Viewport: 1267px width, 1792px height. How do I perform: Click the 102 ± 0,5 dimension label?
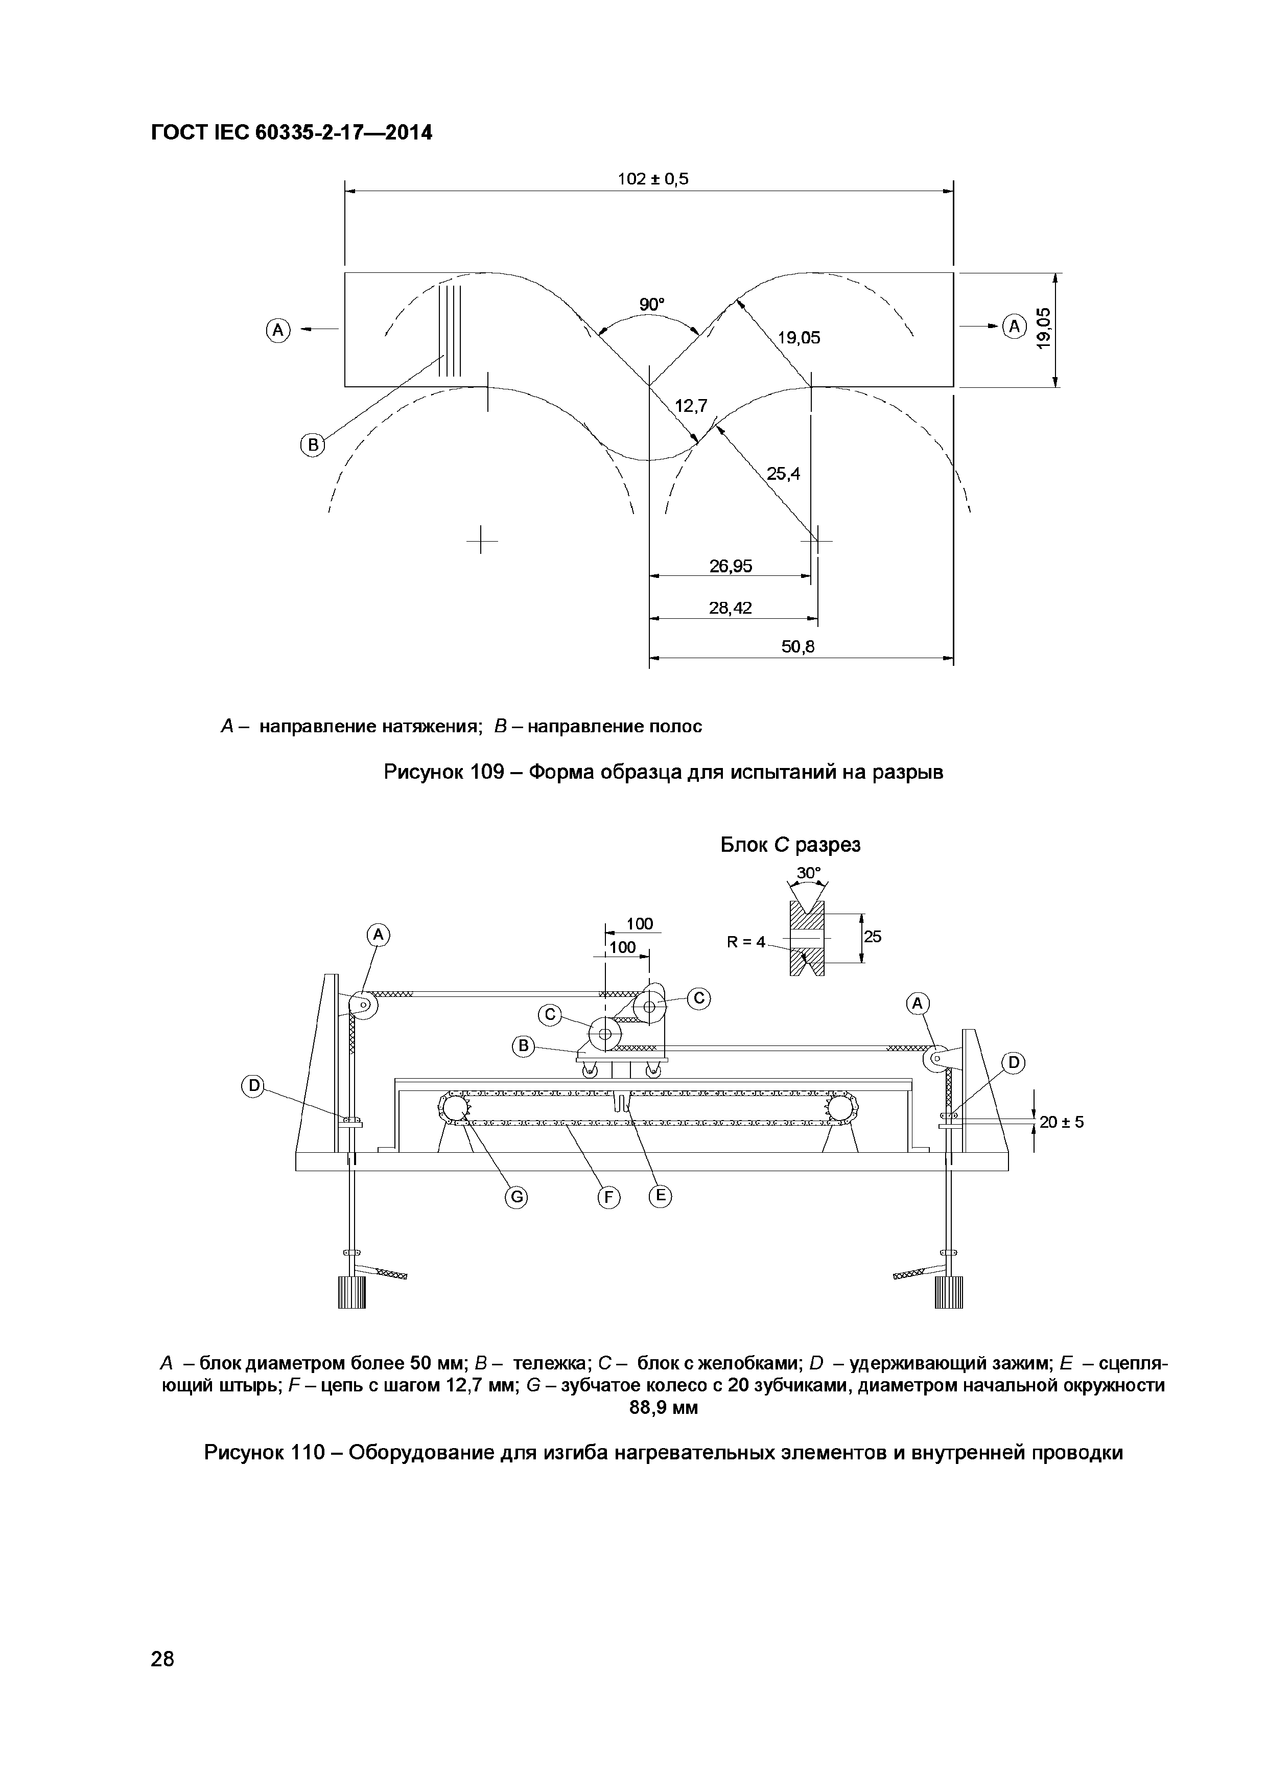pos(653,179)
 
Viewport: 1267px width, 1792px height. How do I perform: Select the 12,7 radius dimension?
pos(690,406)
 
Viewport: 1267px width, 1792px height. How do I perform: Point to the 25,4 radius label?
pos(783,474)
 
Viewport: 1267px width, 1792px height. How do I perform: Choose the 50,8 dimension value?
pos(797,647)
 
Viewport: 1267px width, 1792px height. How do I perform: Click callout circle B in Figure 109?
pos(313,446)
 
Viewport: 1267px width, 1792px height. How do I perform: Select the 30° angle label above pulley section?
pos(808,872)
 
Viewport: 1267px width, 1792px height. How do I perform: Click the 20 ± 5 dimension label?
pos(1062,1122)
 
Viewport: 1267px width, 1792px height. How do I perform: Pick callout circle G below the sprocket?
pos(515,1197)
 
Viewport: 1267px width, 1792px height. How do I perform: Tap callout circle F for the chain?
pos(608,1197)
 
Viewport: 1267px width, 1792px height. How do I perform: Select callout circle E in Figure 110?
pos(660,1195)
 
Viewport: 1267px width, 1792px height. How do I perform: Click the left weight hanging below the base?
pos(351,1291)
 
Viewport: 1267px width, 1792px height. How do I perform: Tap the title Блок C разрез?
pos(789,845)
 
